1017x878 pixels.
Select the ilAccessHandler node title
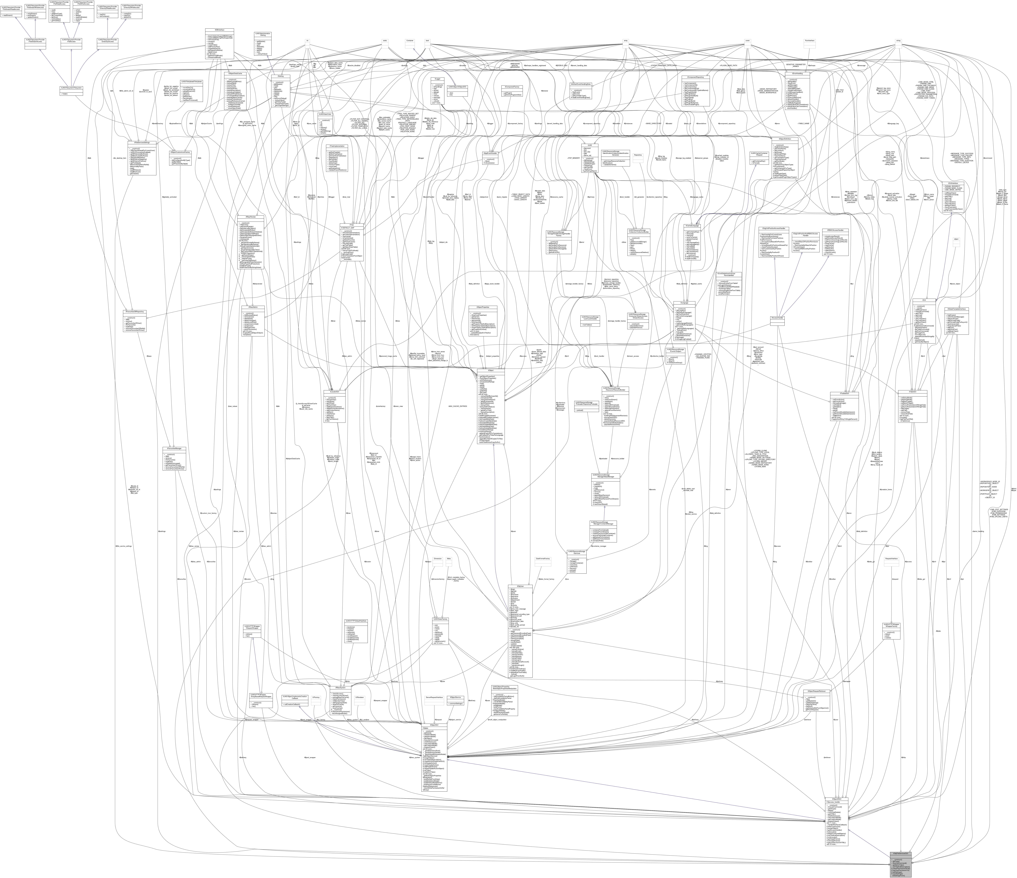pos(777,318)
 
